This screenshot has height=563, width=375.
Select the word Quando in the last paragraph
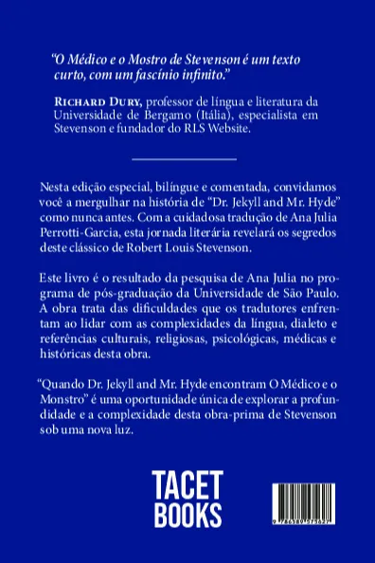(62, 376)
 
